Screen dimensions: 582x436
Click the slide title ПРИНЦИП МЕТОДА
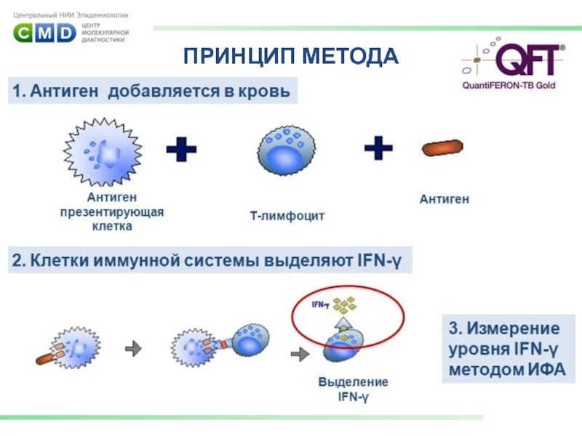pyautogui.click(x=291, y=56)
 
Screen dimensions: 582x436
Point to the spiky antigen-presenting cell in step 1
pyautogui.click(x=101, y=153)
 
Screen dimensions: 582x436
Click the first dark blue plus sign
pyautogui.click(x=182, y=151)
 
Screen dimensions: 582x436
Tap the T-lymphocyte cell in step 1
pyautogui.click(x=287, y=155)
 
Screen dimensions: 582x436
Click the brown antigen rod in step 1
pyautogui.click(x=442, y=148)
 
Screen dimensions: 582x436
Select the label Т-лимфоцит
pyautogui.click(x=287, y=216)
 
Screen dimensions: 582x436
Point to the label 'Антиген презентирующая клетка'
pyautogui.click(x=111, y=211)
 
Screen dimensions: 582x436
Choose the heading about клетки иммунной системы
pyautogui.click(x=210, y=260)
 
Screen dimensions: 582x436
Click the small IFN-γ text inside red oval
pyautogui.click(x=319, y=304)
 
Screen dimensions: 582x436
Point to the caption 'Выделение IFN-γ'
pyautogui.click(x=353, y=389)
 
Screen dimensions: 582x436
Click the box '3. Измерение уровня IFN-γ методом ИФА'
pyautogui.click(x=509, y=349)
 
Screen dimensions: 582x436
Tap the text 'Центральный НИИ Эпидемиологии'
pyautogui.click(x=71, y=14)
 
